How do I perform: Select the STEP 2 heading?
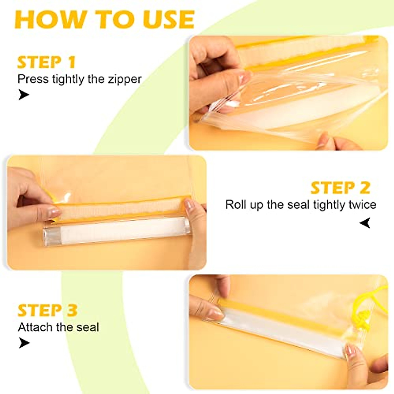tap(340, 188)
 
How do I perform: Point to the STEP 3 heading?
tap(47, 310)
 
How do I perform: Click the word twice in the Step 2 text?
tap(361, 205)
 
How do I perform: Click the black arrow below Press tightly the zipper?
tap(24, 95)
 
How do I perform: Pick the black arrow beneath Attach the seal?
tap(24, 343)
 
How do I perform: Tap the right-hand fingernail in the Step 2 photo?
tap(189, 205)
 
